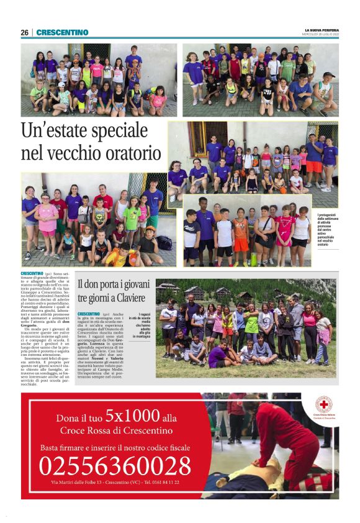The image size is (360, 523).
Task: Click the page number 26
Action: click(x=24, y=32)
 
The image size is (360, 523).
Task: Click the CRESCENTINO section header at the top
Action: click(x=62, y=32)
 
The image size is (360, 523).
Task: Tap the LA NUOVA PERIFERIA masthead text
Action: click(x=322, y=29)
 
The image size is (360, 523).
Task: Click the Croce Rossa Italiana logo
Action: click(x=323, y=405)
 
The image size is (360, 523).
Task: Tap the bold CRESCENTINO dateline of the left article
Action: click(x=32, y=273)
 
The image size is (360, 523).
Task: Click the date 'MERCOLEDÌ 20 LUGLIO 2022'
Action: click(x=322, y=34)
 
